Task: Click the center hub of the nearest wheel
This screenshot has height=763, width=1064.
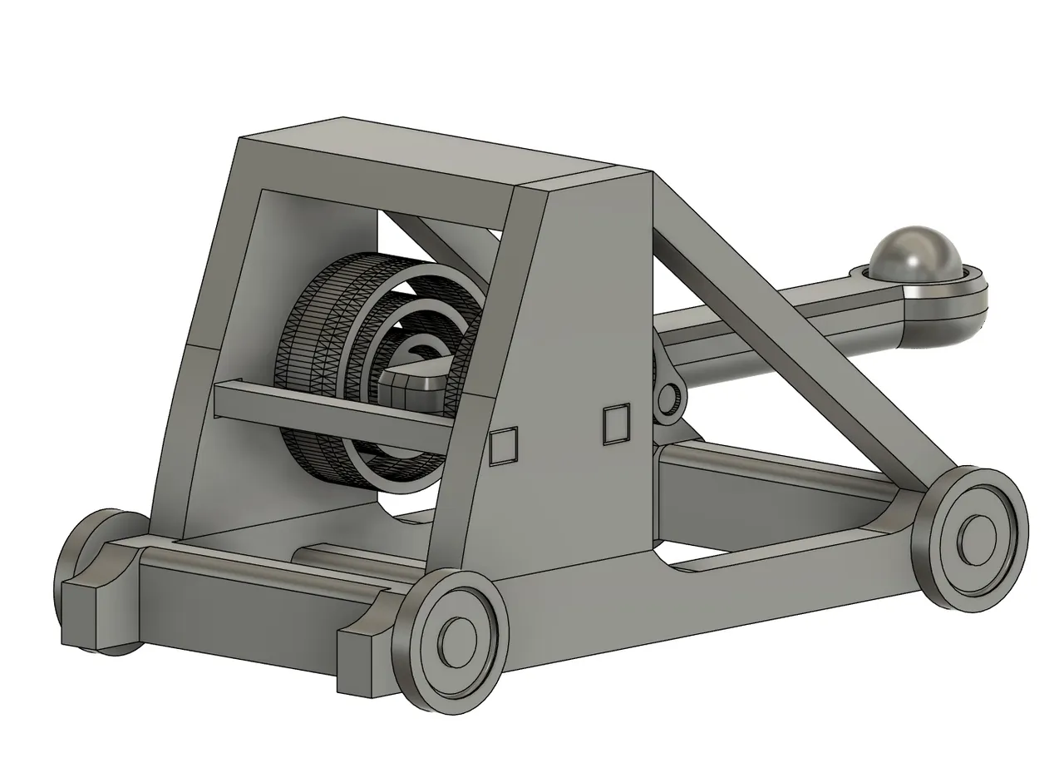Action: coord(456,641)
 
